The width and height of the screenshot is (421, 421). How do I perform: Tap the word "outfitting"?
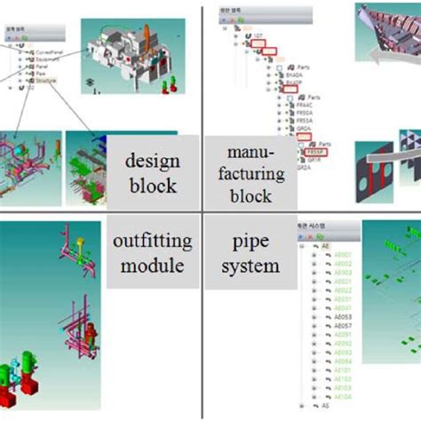click(x=153, y=242)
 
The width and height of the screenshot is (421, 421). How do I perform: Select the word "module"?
click(x=153, y=266)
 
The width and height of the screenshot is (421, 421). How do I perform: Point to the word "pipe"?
click(x=251, y=242)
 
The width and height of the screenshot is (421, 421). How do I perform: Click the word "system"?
click(x=251, y=265)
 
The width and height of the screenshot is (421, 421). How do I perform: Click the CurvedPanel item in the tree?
click(x=50, y=52)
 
